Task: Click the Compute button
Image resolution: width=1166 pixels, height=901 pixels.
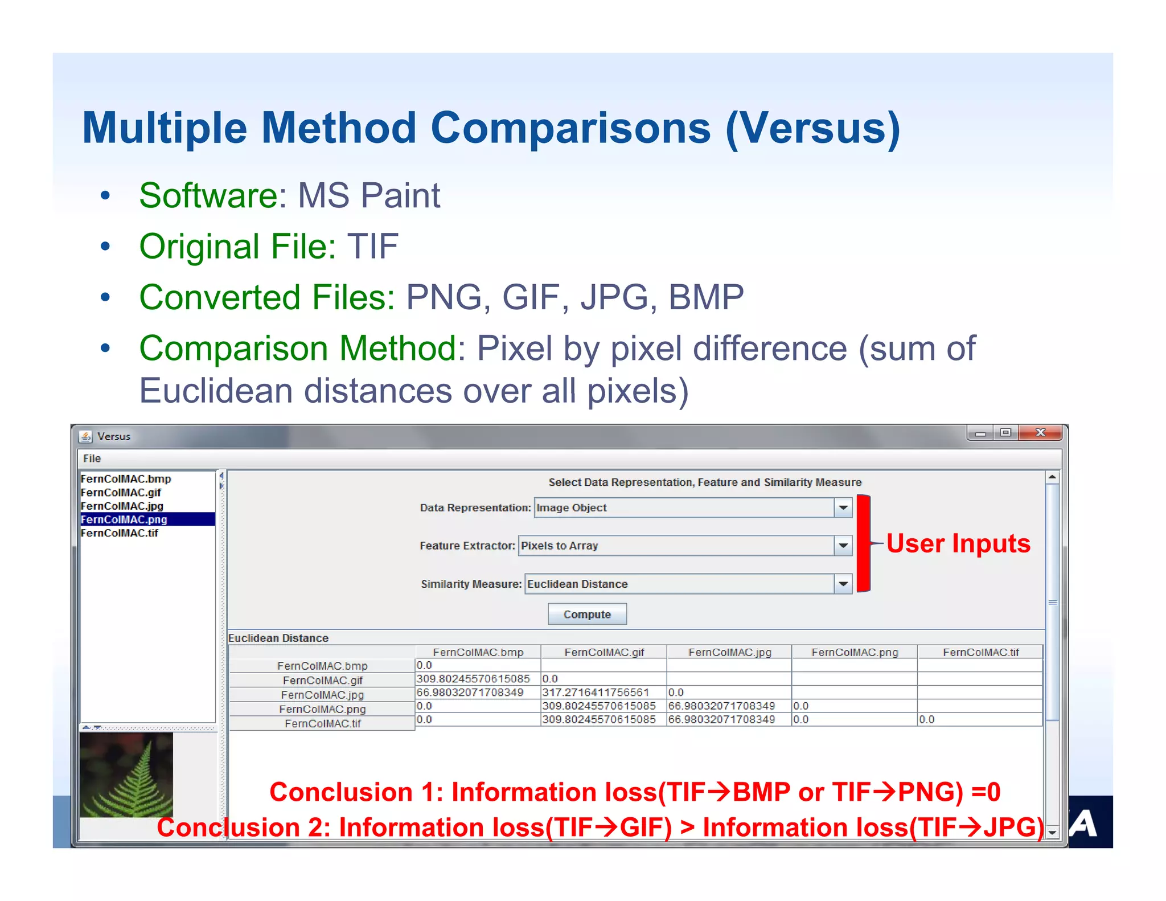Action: click(587, 614)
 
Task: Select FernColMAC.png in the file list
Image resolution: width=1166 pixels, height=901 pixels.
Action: click(124, 519)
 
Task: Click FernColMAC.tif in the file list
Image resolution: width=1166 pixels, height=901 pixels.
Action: click(120, 533)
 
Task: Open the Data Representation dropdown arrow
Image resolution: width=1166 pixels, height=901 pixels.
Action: click(843, 507)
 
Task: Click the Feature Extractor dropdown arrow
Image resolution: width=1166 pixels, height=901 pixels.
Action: click(843, 546)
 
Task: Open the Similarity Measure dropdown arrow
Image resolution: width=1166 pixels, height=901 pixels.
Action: click(843, 584)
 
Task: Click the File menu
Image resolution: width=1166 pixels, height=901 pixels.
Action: click(92, 458)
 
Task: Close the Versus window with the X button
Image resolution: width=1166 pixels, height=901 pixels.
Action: click(1040, 433)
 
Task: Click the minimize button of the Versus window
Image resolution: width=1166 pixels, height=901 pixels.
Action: click(980, 433)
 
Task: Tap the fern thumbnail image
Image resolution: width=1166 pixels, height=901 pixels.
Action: click(126, 775)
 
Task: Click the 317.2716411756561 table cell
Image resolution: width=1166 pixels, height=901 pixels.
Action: click(596, 693)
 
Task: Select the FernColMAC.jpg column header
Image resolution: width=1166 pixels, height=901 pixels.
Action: click(729, 652)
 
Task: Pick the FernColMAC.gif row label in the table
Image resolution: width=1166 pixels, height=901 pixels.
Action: click(322, 680)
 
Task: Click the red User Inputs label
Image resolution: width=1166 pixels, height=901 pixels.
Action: click(958, 543)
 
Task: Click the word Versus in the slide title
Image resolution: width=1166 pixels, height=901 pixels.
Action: click(812, 128)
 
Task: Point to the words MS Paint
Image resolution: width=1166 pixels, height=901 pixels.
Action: click(369, 196)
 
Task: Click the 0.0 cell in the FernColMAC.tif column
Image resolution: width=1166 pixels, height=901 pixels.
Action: click(926, 719)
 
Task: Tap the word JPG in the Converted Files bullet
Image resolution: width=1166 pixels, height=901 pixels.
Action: click(614, 297)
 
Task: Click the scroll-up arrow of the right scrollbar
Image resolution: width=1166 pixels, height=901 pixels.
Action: click(1052, 477)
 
